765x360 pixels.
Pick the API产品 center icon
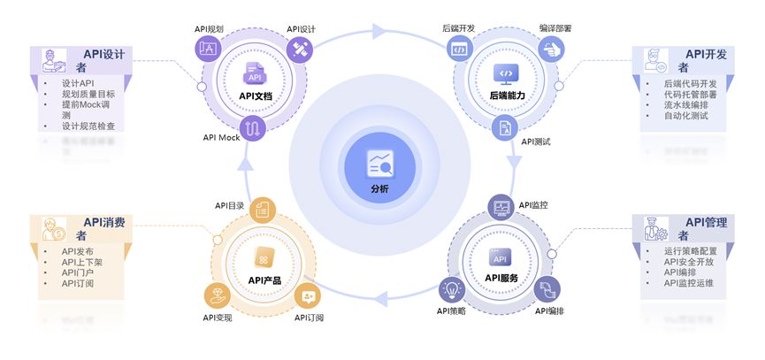[263, 257]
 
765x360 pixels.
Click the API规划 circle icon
[210, 48]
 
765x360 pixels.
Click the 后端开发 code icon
[459, 49]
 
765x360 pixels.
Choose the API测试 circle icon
[503, 127]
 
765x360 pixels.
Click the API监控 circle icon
[501, 207]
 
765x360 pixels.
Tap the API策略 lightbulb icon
[453, 288]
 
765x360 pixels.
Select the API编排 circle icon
[547, 288]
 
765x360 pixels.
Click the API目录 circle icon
[262, 209]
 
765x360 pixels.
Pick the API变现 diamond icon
[216, 292]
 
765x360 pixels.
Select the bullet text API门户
[78, 272]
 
